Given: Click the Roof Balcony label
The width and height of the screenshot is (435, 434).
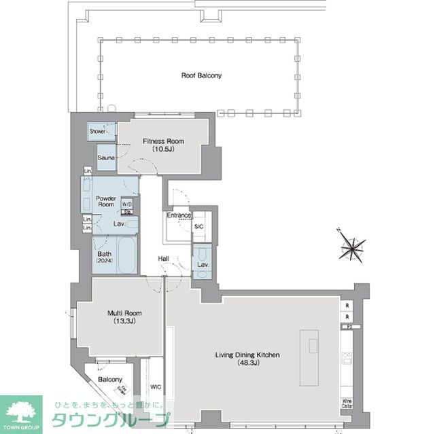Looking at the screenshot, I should point(201,75).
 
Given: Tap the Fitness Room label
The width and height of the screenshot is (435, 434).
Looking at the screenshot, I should point(162,145).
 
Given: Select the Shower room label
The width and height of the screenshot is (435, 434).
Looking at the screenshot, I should point(97,131).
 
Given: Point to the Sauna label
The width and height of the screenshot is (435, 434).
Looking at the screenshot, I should point(105,158).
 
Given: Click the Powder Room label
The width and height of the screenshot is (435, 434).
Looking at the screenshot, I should point(105,201).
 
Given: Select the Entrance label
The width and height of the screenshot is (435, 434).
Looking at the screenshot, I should point(179,216).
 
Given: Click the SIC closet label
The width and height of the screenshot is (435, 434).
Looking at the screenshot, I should point(199,227).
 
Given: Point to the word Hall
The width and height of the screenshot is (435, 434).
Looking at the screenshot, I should point(164,259).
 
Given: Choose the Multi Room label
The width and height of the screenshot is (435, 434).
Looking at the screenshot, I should point(122,317).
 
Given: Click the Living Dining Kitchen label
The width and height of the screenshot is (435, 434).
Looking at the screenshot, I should point(247,359).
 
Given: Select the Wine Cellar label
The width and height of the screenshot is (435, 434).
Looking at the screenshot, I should point(347,403).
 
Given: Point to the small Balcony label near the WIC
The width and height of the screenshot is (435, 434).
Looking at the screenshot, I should point(110,379).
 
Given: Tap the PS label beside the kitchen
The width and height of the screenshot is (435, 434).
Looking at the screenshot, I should point(348,327).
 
